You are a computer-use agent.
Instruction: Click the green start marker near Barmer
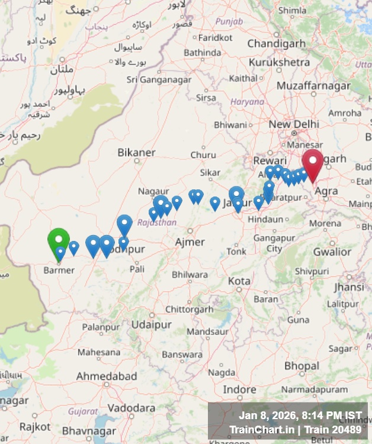point(59,240)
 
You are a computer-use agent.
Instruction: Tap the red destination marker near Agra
point(313,161)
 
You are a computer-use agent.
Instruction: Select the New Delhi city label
point(294,124)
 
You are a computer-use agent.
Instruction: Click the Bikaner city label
point(136,152)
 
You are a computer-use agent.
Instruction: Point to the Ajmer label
point(190,242)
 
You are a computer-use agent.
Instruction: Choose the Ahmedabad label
point(107,376)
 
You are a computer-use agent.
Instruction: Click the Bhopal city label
point(301,366)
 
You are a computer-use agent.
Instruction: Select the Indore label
point(239,390)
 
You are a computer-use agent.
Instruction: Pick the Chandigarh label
point(276,43)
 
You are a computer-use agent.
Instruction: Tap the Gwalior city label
point(332,252)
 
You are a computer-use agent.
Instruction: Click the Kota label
point(239,280)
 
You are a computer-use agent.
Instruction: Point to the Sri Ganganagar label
point(159,79)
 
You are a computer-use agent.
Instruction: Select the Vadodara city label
point(132,408)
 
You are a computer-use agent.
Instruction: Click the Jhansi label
point(349,287)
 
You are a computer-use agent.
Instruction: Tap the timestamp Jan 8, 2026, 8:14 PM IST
point(300,415)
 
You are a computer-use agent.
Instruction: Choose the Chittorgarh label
point(189,309)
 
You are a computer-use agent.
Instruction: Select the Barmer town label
point(59,270)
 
